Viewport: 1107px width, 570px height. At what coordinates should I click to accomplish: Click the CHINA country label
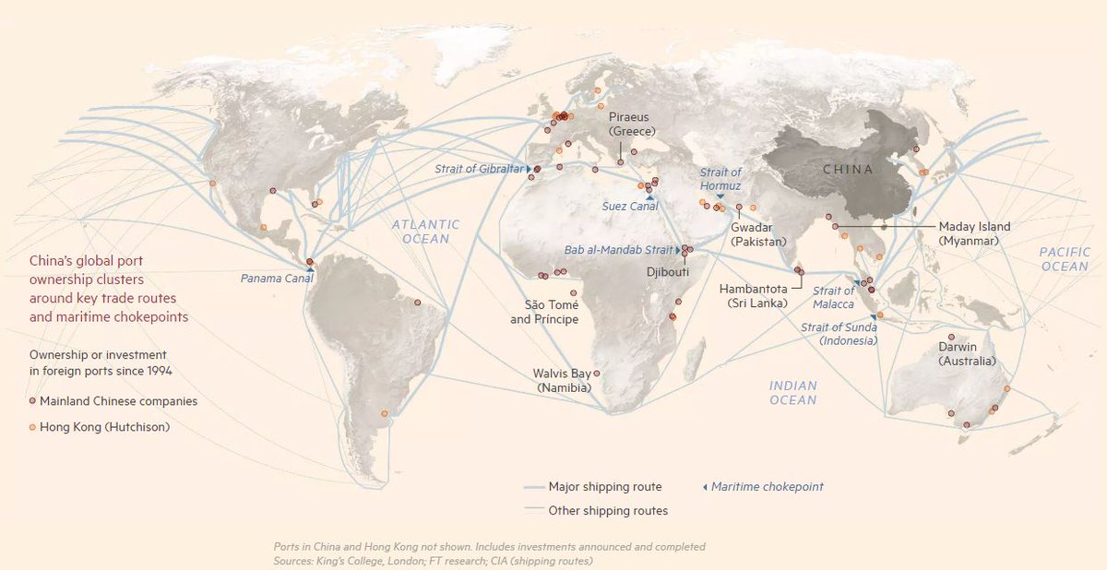pyautogui.click(x=847, y=169)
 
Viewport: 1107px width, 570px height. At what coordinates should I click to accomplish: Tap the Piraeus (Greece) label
pyautogui.click(x=629, y=124)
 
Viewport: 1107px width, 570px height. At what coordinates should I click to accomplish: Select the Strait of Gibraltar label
pyautogui.click(x=479, y=169)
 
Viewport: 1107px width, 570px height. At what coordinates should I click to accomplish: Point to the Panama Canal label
pyautogui.click(x=276, y=278)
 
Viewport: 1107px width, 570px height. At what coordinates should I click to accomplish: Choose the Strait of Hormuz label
pyautogui.click(x=720, y=179)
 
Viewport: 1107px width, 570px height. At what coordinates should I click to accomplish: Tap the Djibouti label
pyautogui.click(x=667, y=272)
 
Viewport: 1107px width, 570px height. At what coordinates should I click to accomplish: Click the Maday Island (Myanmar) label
pyautogui.click(x=974, y=232)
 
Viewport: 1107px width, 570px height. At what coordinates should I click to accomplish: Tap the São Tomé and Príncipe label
pyautogui.click(x=544, y=312)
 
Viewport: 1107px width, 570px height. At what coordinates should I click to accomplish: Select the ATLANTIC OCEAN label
pyautogui.click(x=424, y=232)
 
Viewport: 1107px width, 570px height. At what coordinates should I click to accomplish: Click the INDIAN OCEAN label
pyautogui.click(x=793, y=393)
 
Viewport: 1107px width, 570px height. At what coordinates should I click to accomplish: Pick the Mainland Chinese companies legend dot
pyautogui.click(x=32, y=401)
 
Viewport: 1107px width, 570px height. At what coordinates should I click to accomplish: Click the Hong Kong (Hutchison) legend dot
pyautogui.click(x=32, y=427)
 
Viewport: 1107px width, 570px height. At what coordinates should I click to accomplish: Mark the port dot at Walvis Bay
pyautogui.click(x=596, y=374)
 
